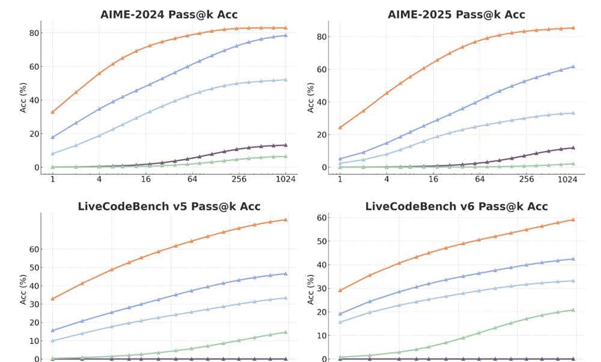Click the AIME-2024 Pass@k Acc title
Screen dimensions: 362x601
tap(169, 15)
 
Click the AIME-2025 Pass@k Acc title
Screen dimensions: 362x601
tap(456, 15)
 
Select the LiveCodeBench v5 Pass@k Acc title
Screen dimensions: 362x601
tap(169, 206)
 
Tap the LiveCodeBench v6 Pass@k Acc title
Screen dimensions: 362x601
tap(456, 206)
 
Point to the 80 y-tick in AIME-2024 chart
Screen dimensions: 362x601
tap(34, 33)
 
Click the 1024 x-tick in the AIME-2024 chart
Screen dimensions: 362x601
tap(285, 179)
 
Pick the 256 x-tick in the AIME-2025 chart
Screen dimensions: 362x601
tap(526, 179)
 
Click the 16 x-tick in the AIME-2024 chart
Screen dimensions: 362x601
tap(145, 179)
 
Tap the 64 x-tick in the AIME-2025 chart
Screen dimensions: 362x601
tap(480, 179)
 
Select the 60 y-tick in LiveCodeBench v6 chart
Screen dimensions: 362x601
tap(322, 218)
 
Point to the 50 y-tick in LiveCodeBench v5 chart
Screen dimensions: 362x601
tap(34, 268)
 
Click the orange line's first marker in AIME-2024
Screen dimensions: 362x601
tap(52, 112)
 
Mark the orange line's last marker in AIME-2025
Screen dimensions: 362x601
tap(573, 28)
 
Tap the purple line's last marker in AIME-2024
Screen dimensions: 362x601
tap(285, 145)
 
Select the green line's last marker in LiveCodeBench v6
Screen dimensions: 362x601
tap(573, 310)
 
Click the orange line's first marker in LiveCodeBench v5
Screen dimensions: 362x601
tap(52, 298)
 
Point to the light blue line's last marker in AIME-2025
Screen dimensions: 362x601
tap(573, 113)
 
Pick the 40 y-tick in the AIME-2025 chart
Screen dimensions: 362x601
tap(322, 102)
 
